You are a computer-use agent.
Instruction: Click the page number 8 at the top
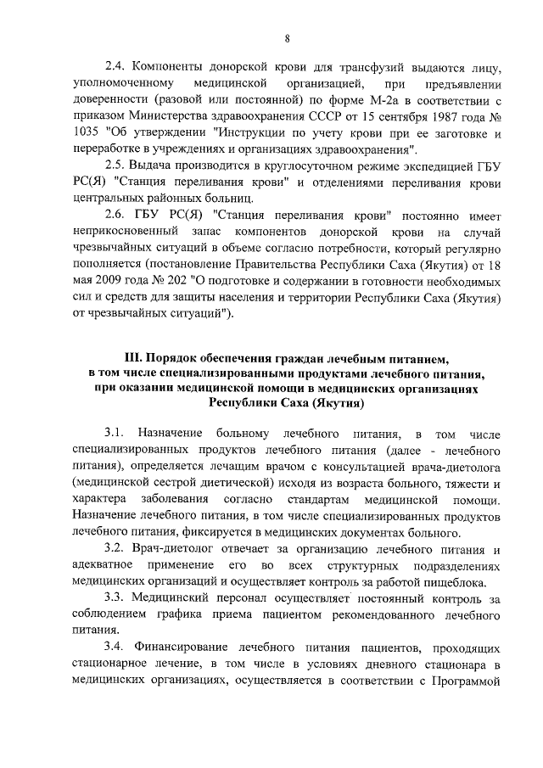point(288,38)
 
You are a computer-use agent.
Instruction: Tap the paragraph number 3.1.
point(115,434)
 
